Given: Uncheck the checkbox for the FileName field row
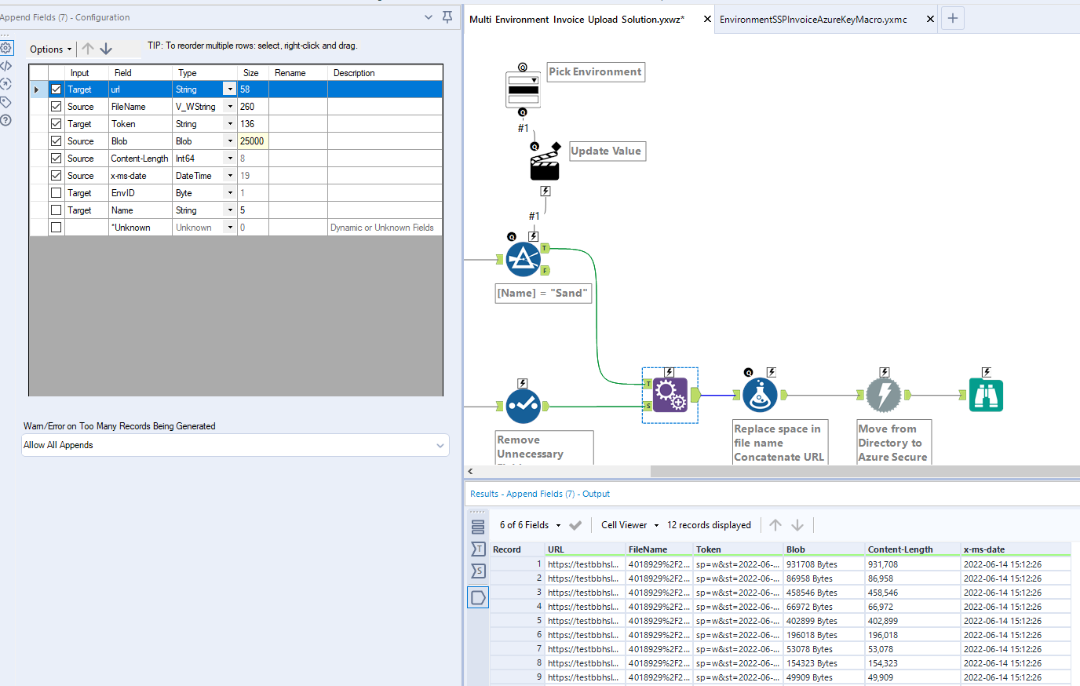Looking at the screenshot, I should tap(56, 107).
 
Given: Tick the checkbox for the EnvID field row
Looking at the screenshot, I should tap(56, 193).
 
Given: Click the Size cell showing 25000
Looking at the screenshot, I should tap(252, 141).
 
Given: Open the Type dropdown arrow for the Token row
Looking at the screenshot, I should tap(230, 124).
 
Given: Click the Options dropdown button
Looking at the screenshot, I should tap(50, 49).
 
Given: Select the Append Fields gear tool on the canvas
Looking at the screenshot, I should tap(670, 395).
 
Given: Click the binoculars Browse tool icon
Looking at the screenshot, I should tap(986, 395).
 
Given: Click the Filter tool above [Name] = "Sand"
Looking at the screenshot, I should tap(523, 260).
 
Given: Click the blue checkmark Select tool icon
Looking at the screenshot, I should tap(523, 406).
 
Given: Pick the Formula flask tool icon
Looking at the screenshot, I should tap(759, 395).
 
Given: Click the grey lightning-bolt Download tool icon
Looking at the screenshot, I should tap(884, 395).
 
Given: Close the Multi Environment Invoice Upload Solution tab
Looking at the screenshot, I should tap(707, 19).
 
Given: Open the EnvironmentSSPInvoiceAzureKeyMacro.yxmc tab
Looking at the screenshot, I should tap(813, 19).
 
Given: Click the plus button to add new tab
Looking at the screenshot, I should tap(953, 18).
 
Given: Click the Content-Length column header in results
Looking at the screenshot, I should tap(900, 549).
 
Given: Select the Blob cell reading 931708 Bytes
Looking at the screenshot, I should tap(812, 564).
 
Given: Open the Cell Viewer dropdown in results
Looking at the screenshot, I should tap(629, 525).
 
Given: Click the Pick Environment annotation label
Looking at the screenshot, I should tap(595, 72).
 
